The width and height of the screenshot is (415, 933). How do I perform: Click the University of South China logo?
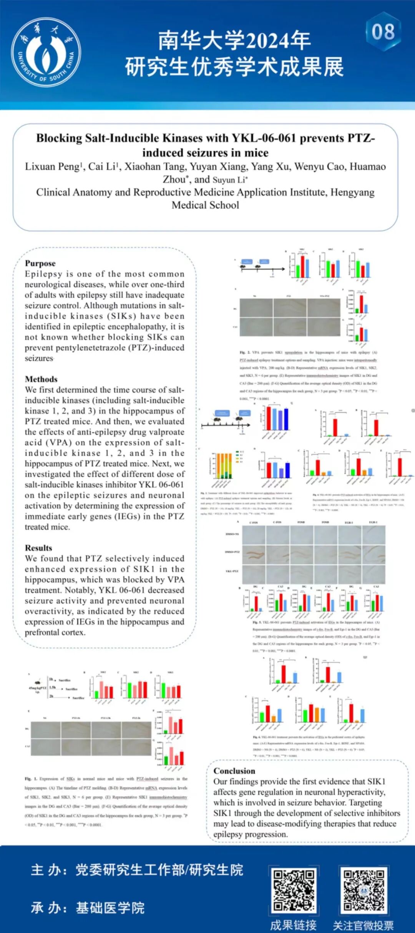click(46, 52)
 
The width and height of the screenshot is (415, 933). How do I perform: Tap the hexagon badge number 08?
click(383, 31)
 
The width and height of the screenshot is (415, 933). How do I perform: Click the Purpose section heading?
click(40, 263)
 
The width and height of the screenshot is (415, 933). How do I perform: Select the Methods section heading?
click(41, 379)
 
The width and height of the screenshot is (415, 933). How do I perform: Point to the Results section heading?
click(38, 548)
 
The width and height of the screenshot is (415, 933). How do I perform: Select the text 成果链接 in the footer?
click(293, 925)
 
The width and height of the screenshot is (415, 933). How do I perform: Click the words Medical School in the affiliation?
click(205, 205)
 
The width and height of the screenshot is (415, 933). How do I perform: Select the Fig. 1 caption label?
click(31, 779)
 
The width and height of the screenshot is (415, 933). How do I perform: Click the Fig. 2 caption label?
click(245, 352)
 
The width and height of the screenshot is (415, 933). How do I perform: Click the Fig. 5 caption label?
click(257, 622)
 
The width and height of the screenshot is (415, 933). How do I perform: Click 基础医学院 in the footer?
click(110, 908)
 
